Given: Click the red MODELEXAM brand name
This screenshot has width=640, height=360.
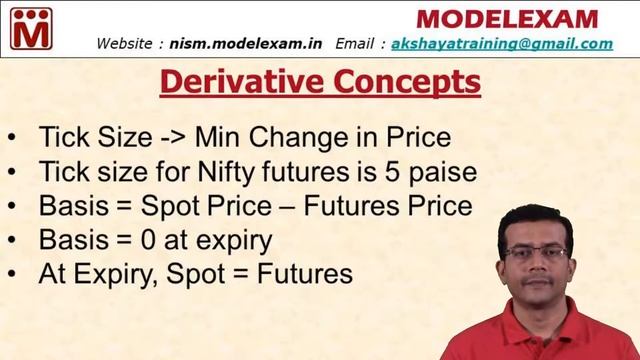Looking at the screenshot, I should click(506, 18).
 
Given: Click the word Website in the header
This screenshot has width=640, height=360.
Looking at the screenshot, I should click(125, 44).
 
